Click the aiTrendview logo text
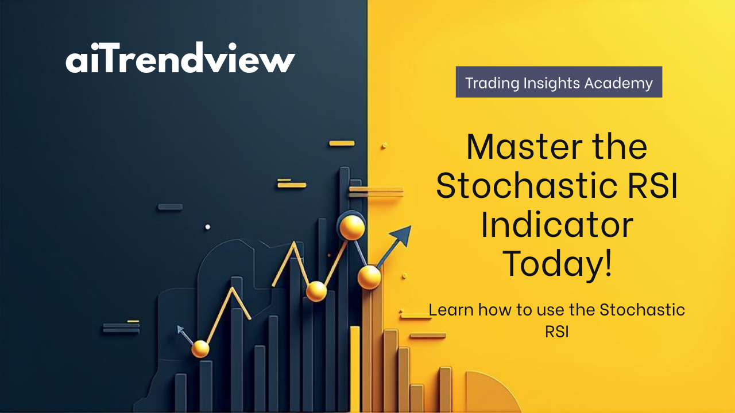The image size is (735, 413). pos(180,58)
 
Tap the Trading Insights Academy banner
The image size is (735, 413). pos(559,82)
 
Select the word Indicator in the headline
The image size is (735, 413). pos(557,225)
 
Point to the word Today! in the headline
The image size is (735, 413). pos(557,264)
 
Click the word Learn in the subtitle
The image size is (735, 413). pos(451,309)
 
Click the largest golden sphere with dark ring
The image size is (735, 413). pos(352,227)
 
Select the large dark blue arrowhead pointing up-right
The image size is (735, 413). pos(401,235)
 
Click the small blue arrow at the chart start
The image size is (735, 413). pos(184,334)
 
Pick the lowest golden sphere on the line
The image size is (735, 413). pos(200,349)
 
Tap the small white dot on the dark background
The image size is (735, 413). pos(207,227)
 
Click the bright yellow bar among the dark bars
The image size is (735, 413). pos(355,368)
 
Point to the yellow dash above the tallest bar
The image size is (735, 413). pos(342,143)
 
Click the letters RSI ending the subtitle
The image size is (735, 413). pos(557,332)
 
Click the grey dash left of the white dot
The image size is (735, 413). pos(171,207)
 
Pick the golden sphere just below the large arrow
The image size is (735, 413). pos(369,277)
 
